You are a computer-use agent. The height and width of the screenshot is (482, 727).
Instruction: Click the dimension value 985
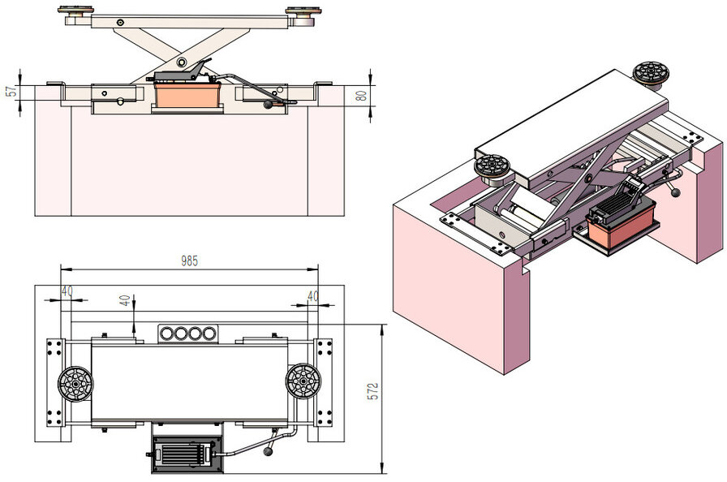click(x=189, y=261)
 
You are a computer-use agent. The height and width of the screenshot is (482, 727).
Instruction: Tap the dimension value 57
click(x=11, y=91)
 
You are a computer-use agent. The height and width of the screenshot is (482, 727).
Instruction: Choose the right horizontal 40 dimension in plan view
click(x=312, y=296)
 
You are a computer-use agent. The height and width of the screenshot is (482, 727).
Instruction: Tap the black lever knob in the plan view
click(x=269, y=454)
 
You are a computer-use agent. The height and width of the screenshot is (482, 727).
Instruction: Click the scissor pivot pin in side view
click(x=183, y=62)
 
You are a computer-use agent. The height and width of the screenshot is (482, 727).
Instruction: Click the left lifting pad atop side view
click(x=75, y=11)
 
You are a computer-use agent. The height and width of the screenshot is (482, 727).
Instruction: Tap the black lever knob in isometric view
click(x=675, y=192)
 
